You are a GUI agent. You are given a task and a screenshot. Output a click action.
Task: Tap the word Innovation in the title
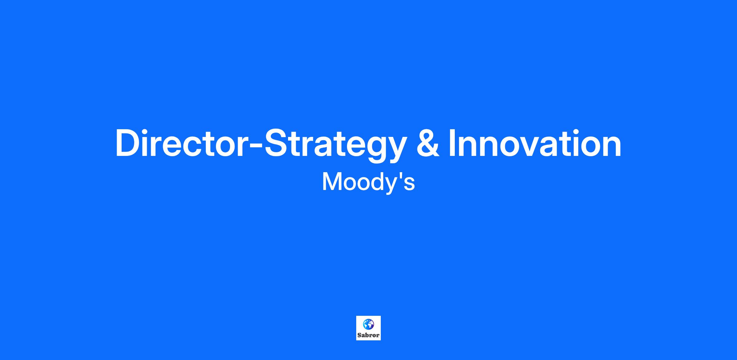tap(535, 143)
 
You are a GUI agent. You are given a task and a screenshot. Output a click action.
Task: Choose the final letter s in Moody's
tap(410, 184)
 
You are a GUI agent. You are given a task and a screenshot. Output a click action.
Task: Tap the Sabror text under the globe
tap(368, 335)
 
